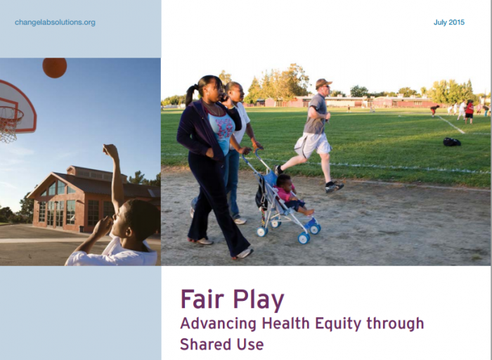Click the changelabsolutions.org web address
pos(55,22)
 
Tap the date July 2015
pos(449,22)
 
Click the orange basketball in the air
pos(55,67)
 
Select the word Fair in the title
pos(204,299)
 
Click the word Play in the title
pos(258,300)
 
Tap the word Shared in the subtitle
pos(202,344)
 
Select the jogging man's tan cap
pos(323,83)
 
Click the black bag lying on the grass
pos(452,142)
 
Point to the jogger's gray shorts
pos(313,144)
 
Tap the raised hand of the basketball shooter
pos(110,150)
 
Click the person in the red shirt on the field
pos(469,111)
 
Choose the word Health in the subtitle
pos(285,323)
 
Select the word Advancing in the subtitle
pos(218,324)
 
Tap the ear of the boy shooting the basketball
pos(129,232)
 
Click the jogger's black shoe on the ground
pos(334,187)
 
